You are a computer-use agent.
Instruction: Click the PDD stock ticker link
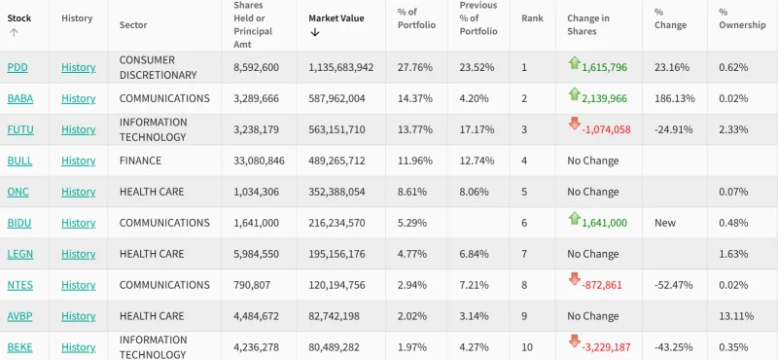pos(18,67)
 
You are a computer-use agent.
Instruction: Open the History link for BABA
pos(78,98)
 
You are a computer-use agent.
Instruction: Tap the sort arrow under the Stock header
pos(14,32)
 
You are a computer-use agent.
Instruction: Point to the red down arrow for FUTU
pos(575,126)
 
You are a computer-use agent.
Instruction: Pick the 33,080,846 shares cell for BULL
pos(259,161)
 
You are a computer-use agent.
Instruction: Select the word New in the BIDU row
pos(665,223)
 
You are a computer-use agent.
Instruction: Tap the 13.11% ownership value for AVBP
pos(735,316)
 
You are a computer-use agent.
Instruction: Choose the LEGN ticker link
pos(20,254)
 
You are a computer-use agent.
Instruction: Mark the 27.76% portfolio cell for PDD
pos(415,67)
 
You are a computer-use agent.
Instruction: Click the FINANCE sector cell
pos(148,161)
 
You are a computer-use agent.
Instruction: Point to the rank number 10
pos(527,347)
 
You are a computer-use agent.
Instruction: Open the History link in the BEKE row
pos(78,347)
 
